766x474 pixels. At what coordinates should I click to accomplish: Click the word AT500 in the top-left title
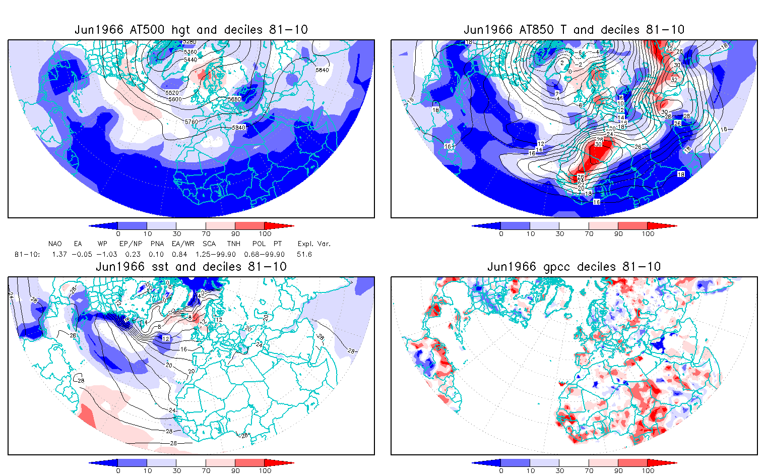point(147,30)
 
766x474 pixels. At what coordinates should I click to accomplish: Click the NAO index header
point(55,244)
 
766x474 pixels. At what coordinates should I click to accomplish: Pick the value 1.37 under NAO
point(59,255)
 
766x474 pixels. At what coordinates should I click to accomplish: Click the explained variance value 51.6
point(304,255)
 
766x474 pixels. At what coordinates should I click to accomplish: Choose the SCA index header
point(209,244)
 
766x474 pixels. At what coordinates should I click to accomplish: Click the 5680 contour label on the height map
point(234,99)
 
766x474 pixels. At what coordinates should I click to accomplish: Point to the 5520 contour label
point(172,93)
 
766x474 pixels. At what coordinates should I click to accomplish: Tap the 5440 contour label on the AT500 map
point(190,60)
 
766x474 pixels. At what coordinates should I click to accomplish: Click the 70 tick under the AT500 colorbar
point(206,233)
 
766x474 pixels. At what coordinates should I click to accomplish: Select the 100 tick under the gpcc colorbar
point(648,470)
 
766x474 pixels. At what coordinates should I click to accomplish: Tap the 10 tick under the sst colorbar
point(147,470)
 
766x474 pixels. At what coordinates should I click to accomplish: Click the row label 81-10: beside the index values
point(27,255)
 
